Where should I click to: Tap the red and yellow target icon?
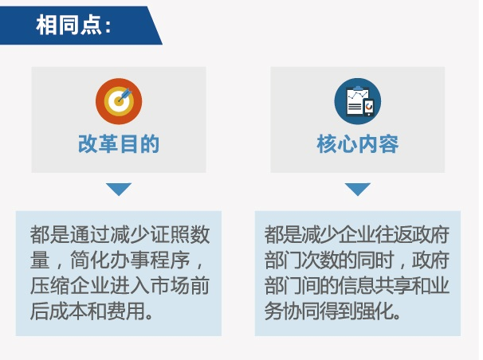[x=119, y=101]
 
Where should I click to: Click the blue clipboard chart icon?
[x=358, y=101]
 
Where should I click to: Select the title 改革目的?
[x=119, y=143]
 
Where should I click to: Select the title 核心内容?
[x=358, y=143]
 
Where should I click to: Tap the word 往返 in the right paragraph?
[x=394, y=235]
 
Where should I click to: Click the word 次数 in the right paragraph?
[x=320, y=260]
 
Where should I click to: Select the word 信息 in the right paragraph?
[x=356, y=286]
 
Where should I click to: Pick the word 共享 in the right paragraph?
[x=394, y=286]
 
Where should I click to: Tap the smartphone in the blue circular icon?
[x=369, y=107]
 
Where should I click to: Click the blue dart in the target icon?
[x=125, y=95]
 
